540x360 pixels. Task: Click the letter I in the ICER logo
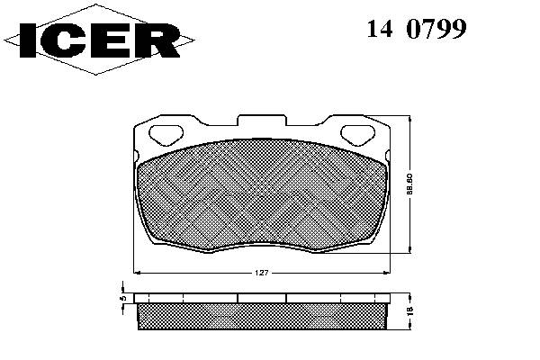coord(28,40)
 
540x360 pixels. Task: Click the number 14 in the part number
coord(380,28)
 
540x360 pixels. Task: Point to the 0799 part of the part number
coord(436,28)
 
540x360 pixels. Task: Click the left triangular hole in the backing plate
coord(166,135)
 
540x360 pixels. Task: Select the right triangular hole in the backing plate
coord(357,135)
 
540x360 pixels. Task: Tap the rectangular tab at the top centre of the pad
coord(262,120)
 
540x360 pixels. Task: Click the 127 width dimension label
coord(262,273)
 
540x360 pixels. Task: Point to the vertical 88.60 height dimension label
coord(409,184)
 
